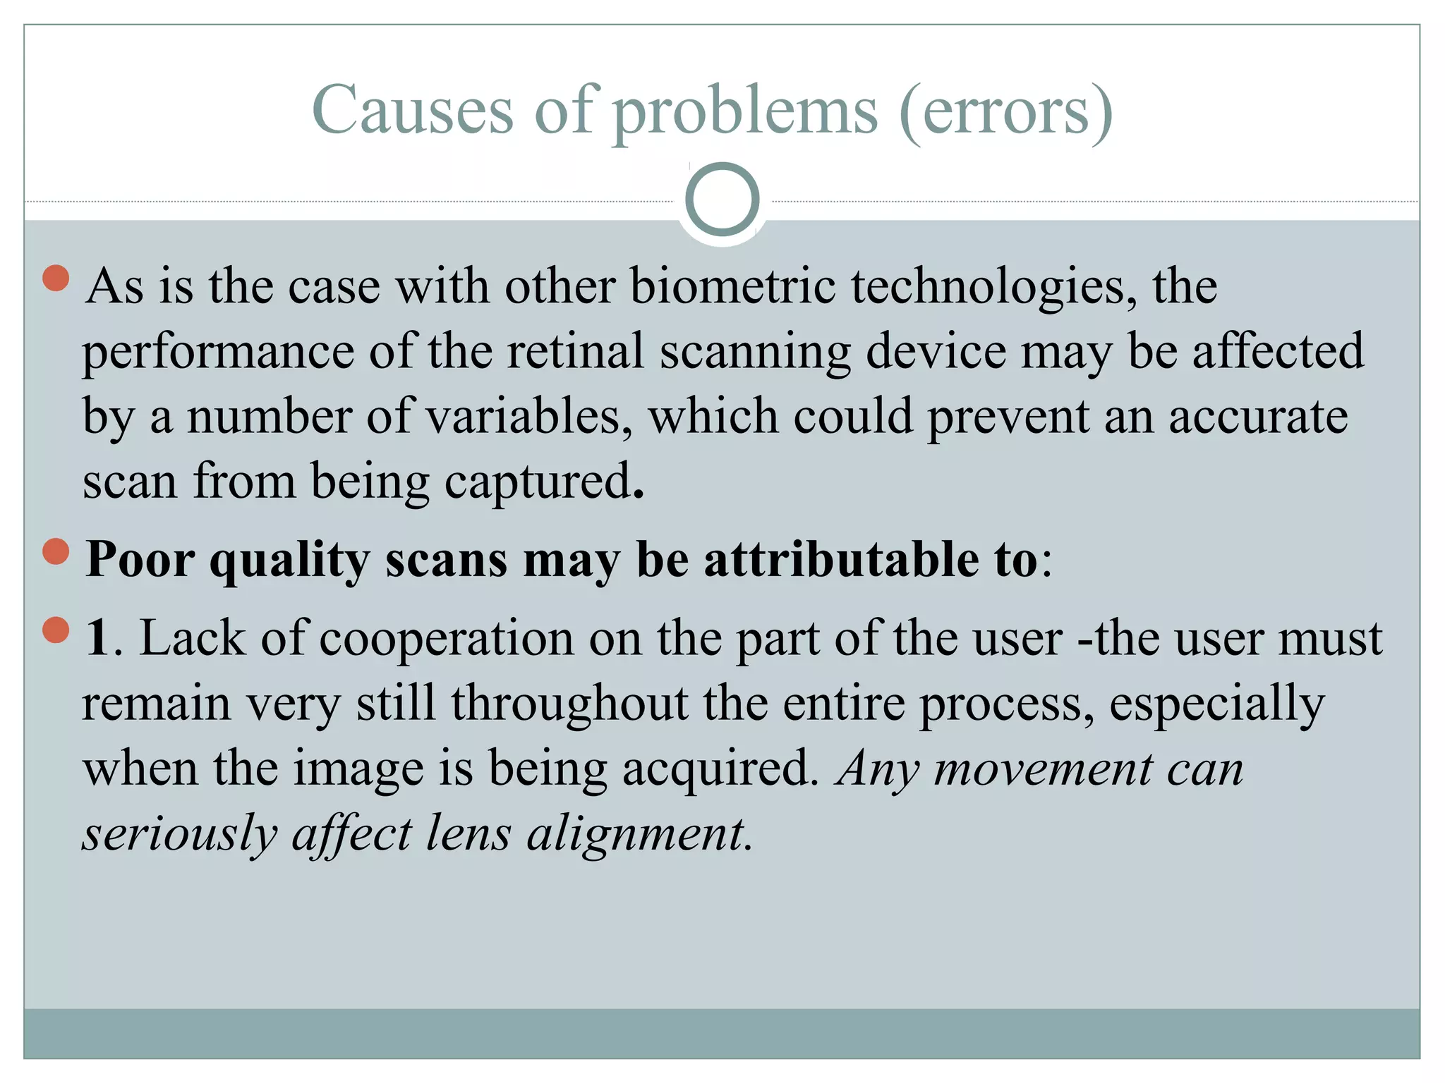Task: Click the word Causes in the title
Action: click(413, 111)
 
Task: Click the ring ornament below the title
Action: click(722, 200)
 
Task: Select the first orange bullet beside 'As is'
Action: click(56, 278)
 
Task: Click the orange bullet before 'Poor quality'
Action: click(56, 551)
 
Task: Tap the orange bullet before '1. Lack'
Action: click(56, 630)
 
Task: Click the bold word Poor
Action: click(140, 560)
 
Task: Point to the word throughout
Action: click(569, 704)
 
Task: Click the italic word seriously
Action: click(180, 835)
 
